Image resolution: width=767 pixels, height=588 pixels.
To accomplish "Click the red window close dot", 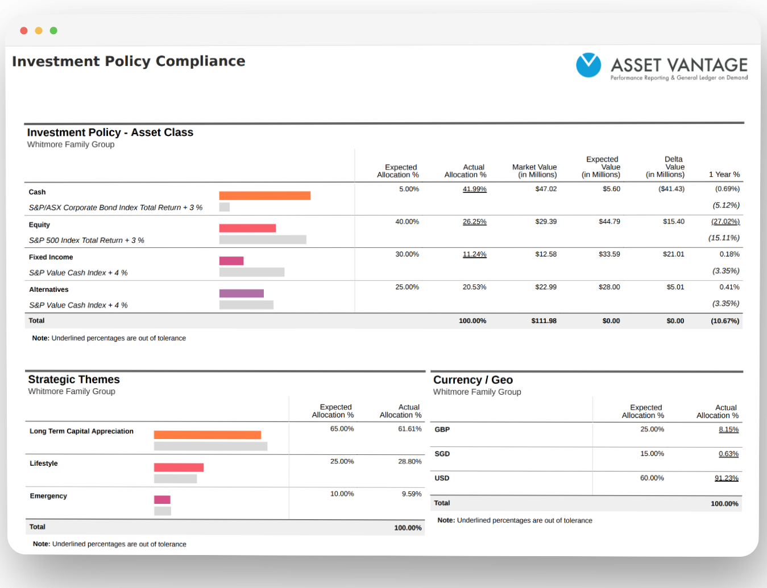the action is (24, 31).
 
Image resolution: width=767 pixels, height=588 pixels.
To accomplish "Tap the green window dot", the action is (53, 31).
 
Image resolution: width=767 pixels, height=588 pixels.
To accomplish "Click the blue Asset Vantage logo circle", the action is (588, 65).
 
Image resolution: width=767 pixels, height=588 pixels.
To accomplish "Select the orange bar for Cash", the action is (265, 196).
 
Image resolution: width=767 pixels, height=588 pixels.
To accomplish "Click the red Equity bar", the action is (247, 228).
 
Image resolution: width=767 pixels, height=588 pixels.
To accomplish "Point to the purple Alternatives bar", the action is (242, 293).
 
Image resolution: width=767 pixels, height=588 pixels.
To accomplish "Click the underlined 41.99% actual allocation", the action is (474, 189).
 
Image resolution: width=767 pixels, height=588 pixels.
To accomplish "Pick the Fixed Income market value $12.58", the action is (546, 254).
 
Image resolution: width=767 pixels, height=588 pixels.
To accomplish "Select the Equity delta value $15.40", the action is (673, 221).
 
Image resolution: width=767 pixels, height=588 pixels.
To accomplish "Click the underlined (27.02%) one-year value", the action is (725, 221).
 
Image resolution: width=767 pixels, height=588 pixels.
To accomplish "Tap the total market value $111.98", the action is (544, 321).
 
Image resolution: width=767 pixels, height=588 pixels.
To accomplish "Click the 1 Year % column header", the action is (724, 175).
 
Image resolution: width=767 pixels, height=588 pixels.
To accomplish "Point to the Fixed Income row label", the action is (51, 257).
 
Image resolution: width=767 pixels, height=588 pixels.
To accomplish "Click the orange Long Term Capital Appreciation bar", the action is (208, 435).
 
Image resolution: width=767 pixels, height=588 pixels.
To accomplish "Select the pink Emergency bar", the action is (163, 499).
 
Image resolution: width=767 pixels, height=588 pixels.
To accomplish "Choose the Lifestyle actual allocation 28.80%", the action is (409, 461).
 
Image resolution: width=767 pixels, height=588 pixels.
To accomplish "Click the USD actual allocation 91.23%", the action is (727, 478).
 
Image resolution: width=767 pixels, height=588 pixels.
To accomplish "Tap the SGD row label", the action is (442, 454).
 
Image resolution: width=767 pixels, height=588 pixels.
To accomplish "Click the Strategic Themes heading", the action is (74, 379).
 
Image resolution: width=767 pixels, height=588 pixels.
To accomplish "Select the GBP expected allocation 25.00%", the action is (652, 429).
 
